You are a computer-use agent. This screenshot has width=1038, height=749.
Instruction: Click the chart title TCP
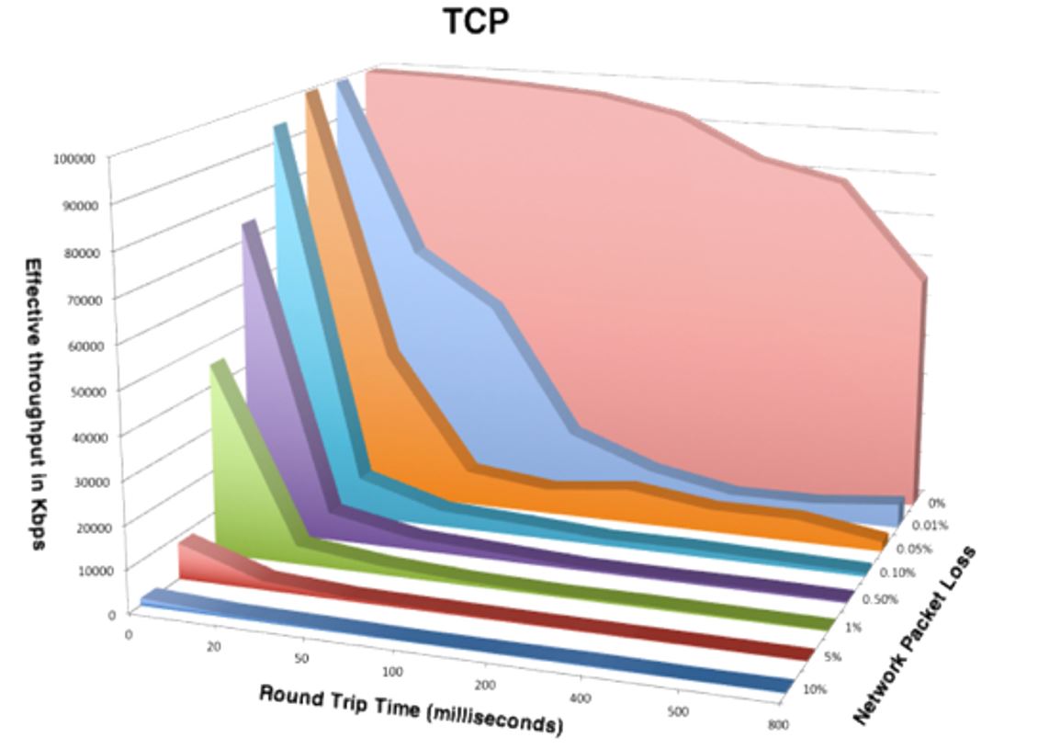tap(475, 20)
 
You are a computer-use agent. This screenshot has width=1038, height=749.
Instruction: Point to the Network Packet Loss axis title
tap(914, 634)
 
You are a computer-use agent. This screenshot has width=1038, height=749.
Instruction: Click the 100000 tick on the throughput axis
tap(74, 159)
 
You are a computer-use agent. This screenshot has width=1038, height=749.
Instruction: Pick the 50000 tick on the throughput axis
tap(77, 390)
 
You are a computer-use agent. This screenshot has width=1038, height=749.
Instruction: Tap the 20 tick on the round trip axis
tap(213, 647)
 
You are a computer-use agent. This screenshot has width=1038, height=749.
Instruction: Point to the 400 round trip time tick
tap(581, 699)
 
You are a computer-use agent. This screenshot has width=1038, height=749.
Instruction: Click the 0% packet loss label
tap(936, 504)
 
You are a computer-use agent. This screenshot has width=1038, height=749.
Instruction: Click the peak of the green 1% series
tap(218, 365)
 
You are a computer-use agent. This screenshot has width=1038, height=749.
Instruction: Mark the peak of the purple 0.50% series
tap(249, 224)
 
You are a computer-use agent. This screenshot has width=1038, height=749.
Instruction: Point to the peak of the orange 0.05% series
tap(311, 93)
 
